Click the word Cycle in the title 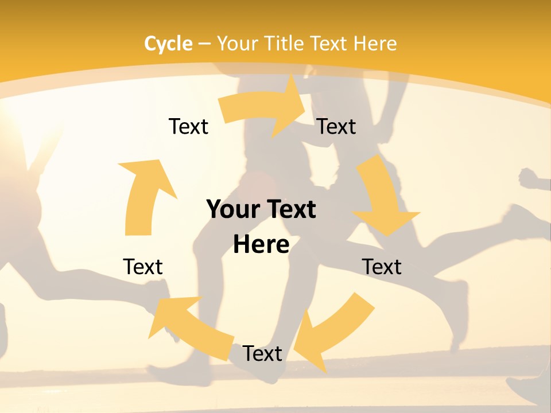pyautogui.click(x=168, y=44)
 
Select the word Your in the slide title pyautogui.click(x=237, y=44)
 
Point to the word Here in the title pyautogui.click(x=374, y=44)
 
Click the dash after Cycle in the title pyautogui.click(x=204, y=44)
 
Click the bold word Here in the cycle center pyautogui.click(x=261, y=244)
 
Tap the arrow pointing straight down pyautogui.click(x=382, y=195)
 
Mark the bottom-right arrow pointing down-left pyautogui.click(x=333, y=333)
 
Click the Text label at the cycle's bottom pyautogui.click(x=262, y=353)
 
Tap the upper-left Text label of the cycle pyautogui.click(x=188, y=126)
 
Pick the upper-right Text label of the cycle pyautogui.click(x=336, y=126)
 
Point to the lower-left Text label pyautogui.click(x=143, y=267)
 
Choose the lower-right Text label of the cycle pyautogui.click(x=382, y=267)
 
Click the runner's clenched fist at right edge pyautogui.click(x=528, y=179)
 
